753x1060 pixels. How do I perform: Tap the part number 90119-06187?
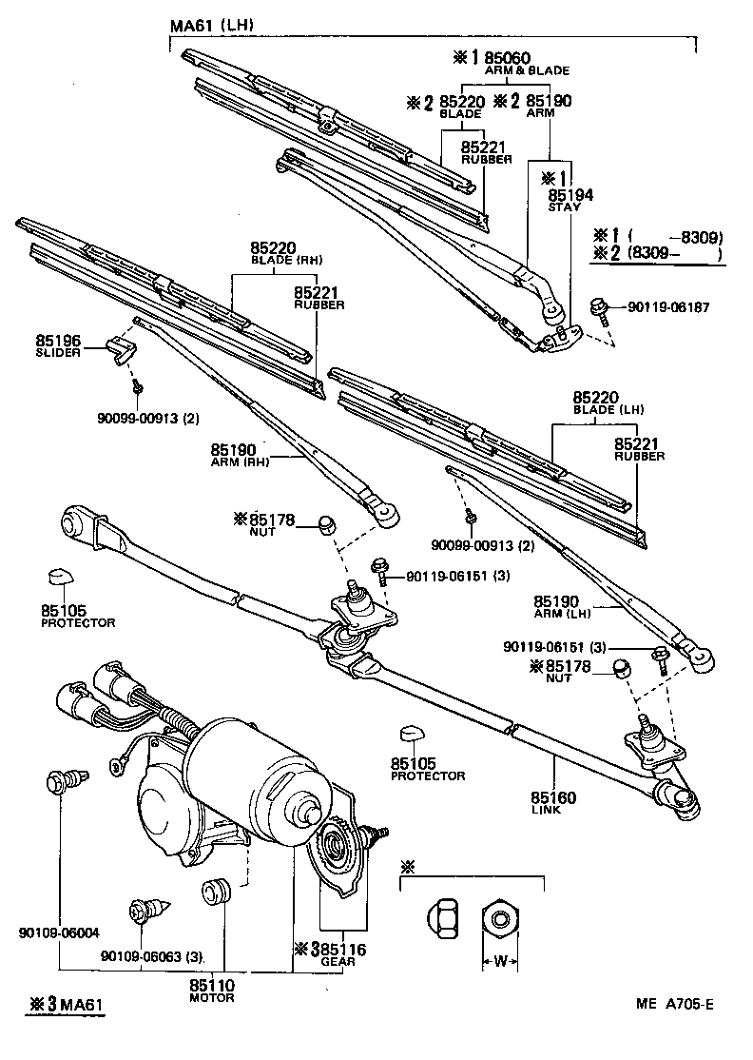point(667,306)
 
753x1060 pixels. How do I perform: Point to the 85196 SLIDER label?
point(58,343)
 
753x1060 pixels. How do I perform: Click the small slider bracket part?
point(119,348)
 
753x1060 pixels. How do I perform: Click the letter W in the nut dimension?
point(499,962)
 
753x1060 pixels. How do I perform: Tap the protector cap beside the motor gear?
point(412,735)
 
